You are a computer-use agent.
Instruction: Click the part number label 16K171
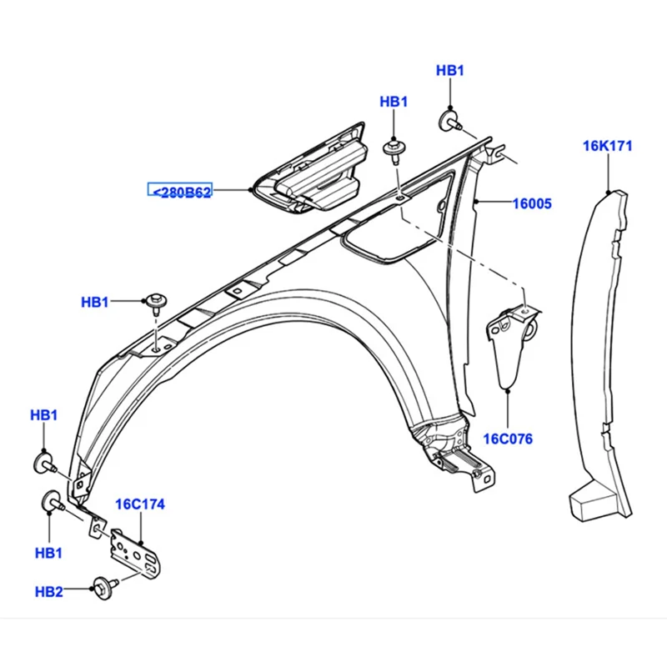pyautogui.click(x=607, y=146)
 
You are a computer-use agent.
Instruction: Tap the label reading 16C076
pyautogui.click(x=509, y=439)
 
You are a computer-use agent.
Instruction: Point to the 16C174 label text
pyautogui.click(x=139, y=504)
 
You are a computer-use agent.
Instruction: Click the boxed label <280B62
pyautogui.click(x=180, y=191)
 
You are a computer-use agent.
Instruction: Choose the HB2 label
pyautogui.click(x=48, y=591)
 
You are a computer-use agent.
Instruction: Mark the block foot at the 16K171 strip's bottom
pyautogui.click(x=589, y=500)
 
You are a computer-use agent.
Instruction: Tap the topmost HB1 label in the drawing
pyautogui.click(x=450, y=71)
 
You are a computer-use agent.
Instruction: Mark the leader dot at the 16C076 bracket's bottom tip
pyautogui.click(x=509, y=388)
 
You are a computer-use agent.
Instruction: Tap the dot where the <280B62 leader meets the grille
pyautogui.click(x=252, y=191)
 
